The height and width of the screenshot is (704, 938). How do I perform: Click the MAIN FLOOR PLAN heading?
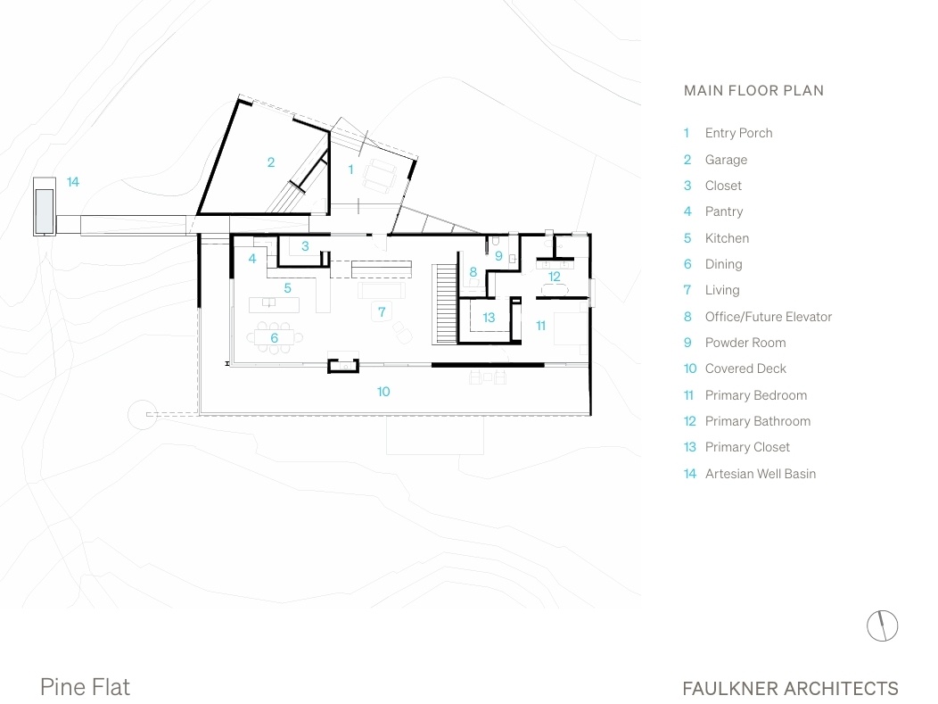[753, 90]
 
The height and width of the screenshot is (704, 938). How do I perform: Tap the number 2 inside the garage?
[271, 162]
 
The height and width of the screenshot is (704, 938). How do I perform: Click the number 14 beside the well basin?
[73, 181]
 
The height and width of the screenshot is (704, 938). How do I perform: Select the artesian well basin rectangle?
[45, 206]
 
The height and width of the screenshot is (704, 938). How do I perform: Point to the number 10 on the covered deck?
[383, 392]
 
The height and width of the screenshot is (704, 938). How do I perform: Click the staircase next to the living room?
[445, 304]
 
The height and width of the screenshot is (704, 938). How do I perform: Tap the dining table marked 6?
[275, 338]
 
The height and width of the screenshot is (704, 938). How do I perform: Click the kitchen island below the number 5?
[274, 304]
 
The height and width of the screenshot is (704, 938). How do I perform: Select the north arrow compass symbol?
[883, 625]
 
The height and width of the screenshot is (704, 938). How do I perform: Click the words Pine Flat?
[85, 687]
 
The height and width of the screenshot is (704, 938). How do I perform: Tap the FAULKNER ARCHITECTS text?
[790, 689]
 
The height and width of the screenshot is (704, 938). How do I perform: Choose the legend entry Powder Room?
[745, 343]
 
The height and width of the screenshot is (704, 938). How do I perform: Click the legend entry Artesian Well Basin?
[761, 474]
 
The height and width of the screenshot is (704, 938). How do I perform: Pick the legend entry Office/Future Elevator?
[768, 317]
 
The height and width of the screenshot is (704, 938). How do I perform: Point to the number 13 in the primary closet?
[489, 318]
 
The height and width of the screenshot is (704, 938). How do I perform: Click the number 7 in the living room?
[382, 311]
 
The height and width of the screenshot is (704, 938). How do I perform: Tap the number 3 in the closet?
[305, 246]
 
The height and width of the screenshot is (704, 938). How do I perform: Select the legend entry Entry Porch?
[739, 133]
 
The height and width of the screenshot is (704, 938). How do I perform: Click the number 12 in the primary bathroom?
[555, 277]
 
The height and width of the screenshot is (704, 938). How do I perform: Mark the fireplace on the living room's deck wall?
[342, 365]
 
